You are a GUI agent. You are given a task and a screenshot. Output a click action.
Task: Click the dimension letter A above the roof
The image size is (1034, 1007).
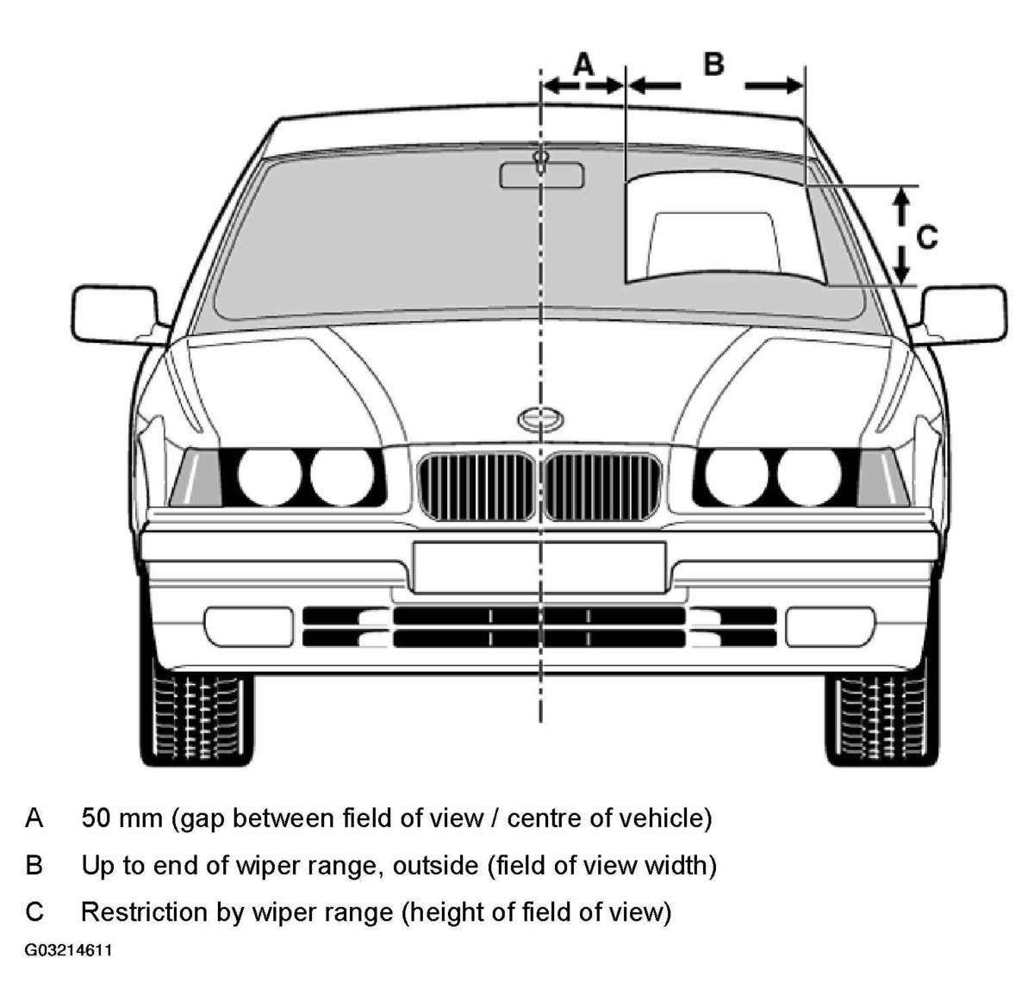(x=583, y=65)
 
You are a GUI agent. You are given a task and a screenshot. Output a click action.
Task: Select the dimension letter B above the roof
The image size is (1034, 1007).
(x=713, y=65)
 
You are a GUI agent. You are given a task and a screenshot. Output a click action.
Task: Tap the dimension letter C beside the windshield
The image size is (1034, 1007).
(x=927, y=237)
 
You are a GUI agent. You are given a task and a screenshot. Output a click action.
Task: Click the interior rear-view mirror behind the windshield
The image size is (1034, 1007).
(x=541, y=176)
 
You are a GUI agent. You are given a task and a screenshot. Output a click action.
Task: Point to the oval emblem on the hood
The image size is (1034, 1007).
(x=540, y=420)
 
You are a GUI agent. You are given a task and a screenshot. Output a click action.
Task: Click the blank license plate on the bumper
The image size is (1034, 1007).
(x=539, y=567)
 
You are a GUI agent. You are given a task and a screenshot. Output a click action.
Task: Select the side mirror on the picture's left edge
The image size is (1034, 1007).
(x=118, y=315)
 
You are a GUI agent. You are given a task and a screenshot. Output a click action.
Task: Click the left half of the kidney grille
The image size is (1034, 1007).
(x=477, y=487)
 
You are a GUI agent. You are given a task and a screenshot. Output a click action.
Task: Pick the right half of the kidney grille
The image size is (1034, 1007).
(x=602, y=487)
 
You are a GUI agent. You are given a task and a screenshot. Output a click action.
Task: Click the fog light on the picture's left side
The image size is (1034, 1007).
(x=249, y=627)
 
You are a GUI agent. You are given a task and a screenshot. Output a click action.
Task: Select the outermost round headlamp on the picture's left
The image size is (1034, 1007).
(x=270, y=476)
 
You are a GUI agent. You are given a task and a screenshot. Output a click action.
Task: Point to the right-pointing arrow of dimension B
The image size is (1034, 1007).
(x=774, y=85)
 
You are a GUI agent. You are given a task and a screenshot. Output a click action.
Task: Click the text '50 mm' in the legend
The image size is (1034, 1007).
(x=121, y=818)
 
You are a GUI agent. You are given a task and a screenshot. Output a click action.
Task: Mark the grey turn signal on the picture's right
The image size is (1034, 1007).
(x=881, y=478)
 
